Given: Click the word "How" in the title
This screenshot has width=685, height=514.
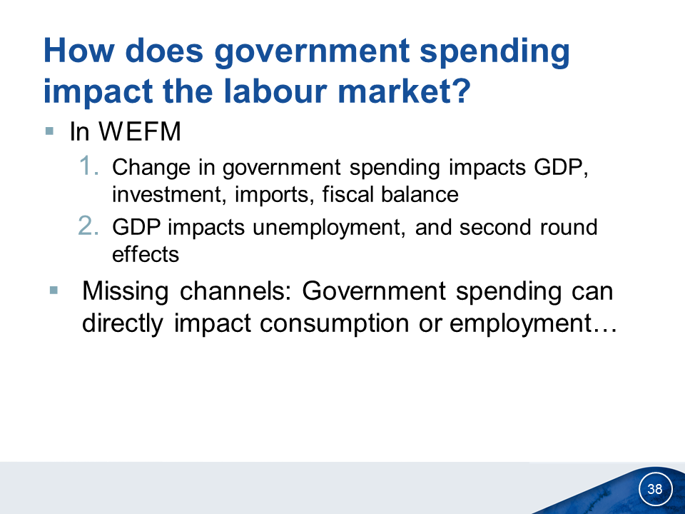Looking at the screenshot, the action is point(79,50).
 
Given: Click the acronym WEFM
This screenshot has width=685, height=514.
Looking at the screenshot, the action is point(140,131).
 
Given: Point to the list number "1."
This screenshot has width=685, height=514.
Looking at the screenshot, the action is point(89,166).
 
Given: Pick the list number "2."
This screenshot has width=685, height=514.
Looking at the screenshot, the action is point(88,226).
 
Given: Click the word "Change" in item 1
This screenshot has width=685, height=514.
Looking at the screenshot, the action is point(151,168).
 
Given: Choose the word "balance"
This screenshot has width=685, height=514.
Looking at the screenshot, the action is point(420,193).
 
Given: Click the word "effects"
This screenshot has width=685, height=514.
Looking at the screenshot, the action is point(146,254).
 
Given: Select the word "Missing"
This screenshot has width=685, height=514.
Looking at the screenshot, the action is point(126,291).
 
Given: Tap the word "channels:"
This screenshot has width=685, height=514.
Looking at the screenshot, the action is point(235,291).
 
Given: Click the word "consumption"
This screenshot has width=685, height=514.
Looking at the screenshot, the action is point(335,324).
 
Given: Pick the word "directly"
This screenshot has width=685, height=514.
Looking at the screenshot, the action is point(122,324).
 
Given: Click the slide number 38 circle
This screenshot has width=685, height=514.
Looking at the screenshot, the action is point(655,488).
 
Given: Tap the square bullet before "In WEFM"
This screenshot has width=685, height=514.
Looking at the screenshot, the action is point(49,131).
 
